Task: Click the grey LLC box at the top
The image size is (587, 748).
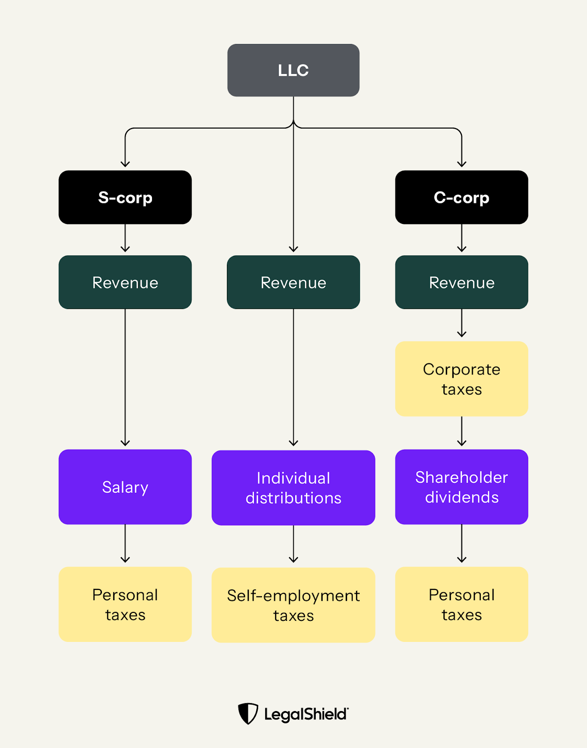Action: point(293,70)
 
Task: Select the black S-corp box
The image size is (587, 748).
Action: point(125,197)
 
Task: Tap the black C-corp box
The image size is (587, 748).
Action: point(461,197)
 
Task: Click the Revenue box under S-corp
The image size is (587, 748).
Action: point(125,282)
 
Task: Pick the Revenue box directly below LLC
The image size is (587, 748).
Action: point(293,282)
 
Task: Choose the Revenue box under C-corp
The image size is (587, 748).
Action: point(461,282)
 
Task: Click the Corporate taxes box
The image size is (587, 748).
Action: point(461,379)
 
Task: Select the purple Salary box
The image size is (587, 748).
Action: point(125,487)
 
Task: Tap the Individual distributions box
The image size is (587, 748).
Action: point(293,488)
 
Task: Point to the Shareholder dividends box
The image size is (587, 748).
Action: point(461,487)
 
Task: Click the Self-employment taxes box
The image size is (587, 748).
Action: point(293,605)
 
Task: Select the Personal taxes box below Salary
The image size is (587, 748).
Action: point(125,604)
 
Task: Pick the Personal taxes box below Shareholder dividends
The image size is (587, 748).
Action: point(461,604)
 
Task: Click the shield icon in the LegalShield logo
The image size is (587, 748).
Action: point(248,713)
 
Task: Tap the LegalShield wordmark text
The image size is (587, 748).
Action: point(306,714)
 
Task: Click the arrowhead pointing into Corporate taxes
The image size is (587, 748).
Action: point(462,334)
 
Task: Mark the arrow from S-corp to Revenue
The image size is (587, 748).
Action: point(125,238)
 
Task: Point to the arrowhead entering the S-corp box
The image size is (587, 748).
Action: point(125,164)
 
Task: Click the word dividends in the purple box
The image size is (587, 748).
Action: point(462,497)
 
